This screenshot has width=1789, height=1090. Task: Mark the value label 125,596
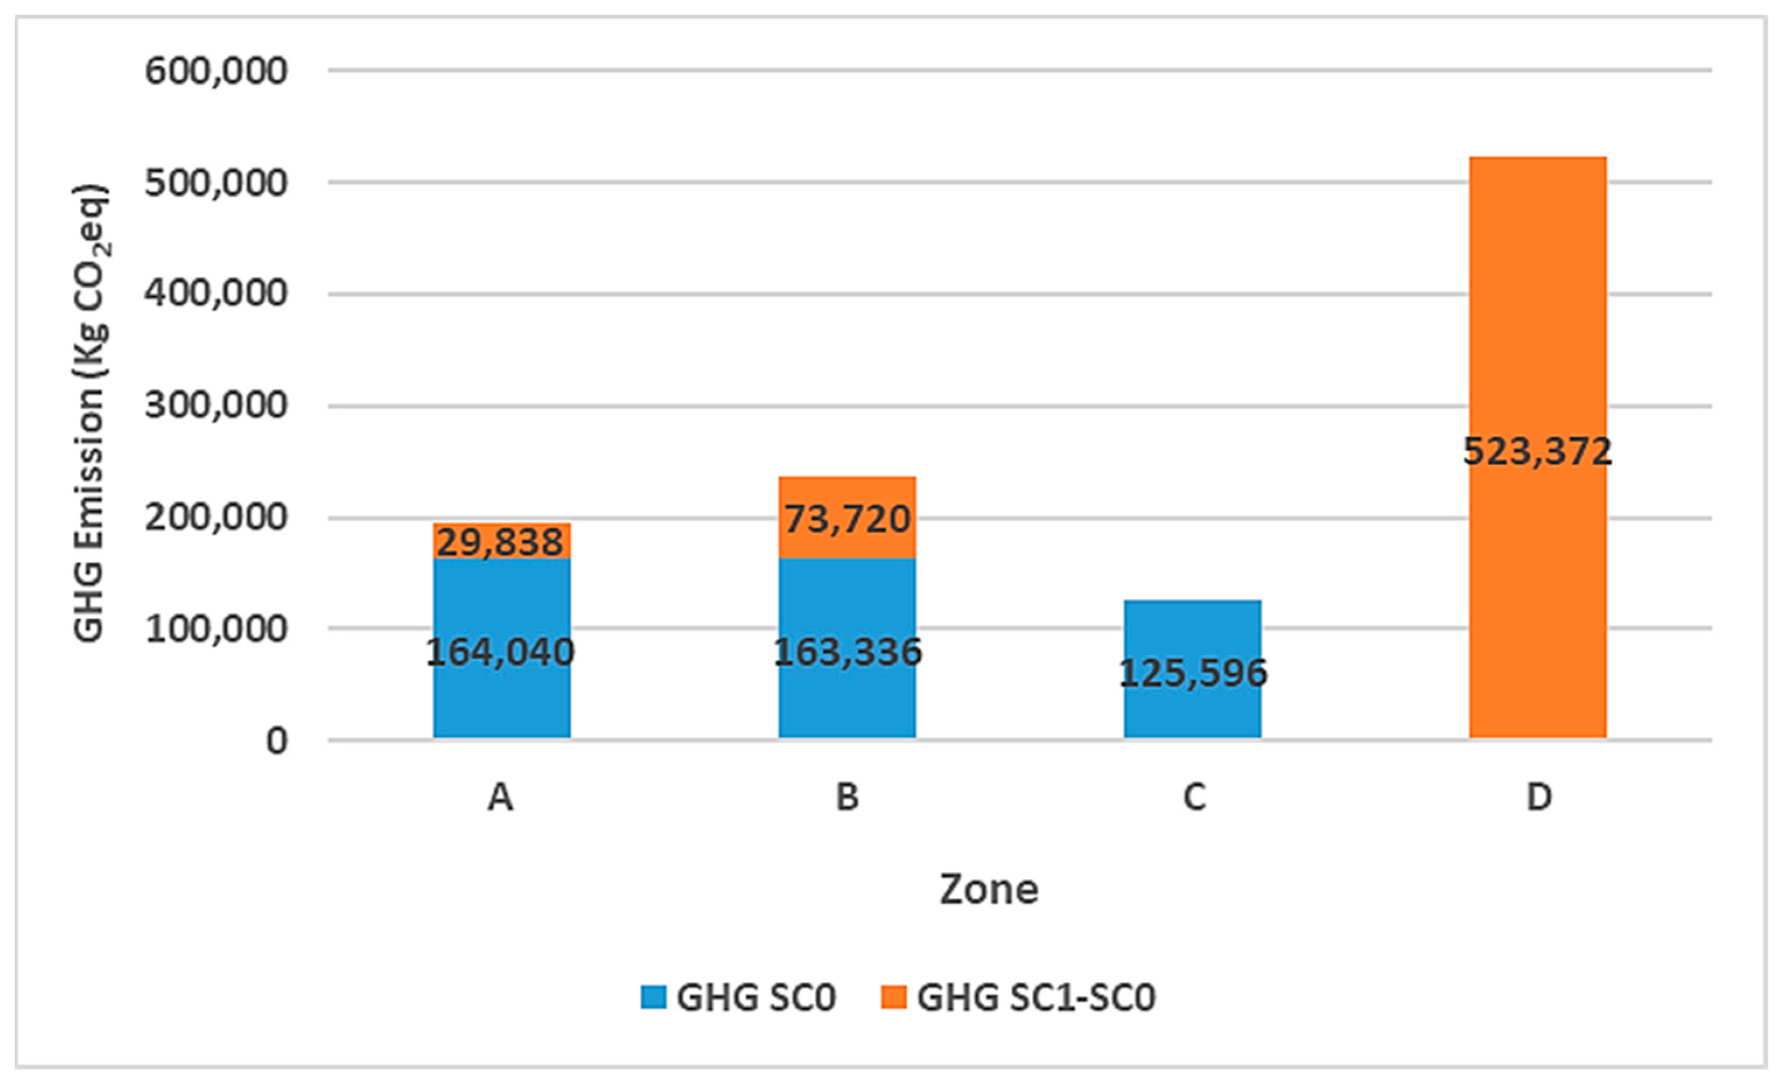coord(1193,673)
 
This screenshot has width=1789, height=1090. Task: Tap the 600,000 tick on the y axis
coord(216,71)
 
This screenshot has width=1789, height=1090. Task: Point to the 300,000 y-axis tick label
coord(216,405)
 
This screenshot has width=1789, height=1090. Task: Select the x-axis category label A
coord(500,797)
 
